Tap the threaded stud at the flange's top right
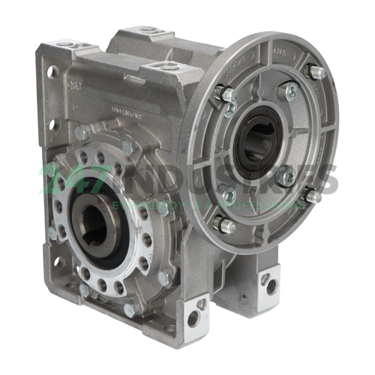pyautogui.click(x=316, y=73)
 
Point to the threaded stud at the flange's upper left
pyautogui.click(x=221, y=94)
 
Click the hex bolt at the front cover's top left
pyautogui.click(x=80, y=133)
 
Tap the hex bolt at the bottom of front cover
pyautogui.click(x=128, y=308)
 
